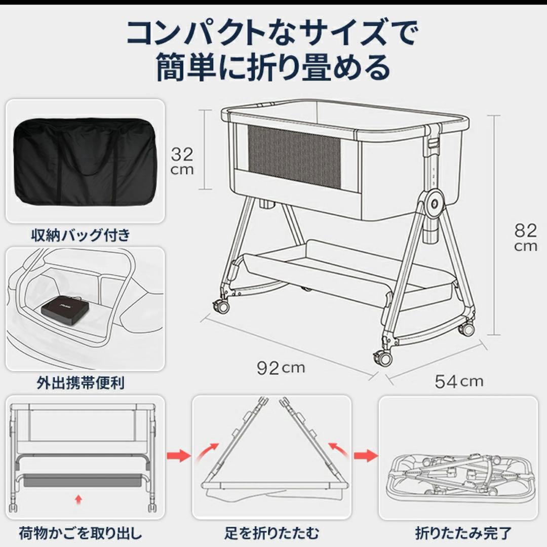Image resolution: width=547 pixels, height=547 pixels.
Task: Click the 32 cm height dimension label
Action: (x=182, y=161)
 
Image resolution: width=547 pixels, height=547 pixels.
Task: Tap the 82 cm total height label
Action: (x=525, y=238)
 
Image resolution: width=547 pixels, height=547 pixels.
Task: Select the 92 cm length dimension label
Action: (x=281, y=368)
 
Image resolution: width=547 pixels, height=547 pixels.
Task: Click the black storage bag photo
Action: (x=85, y=161)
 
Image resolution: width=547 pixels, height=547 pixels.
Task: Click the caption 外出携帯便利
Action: (x=81, y=382)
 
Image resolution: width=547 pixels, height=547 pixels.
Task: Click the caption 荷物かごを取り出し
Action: (x=81, y=533)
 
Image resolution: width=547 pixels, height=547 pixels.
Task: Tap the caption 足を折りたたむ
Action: (x=272, y=533)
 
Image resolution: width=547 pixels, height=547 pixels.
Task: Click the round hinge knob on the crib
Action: (x=435, y=203)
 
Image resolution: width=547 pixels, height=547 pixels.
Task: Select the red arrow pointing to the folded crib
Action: (x=365, y=455)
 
